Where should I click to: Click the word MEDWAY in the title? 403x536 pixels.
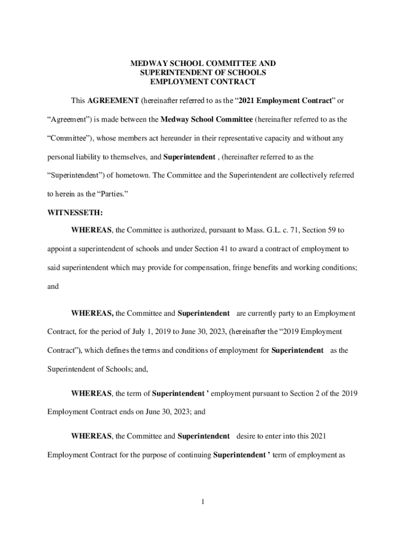[x=147, y=63]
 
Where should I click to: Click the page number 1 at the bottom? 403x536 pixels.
[x=202, y=502]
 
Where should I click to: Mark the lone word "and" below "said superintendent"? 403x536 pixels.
[x=53, y=286]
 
